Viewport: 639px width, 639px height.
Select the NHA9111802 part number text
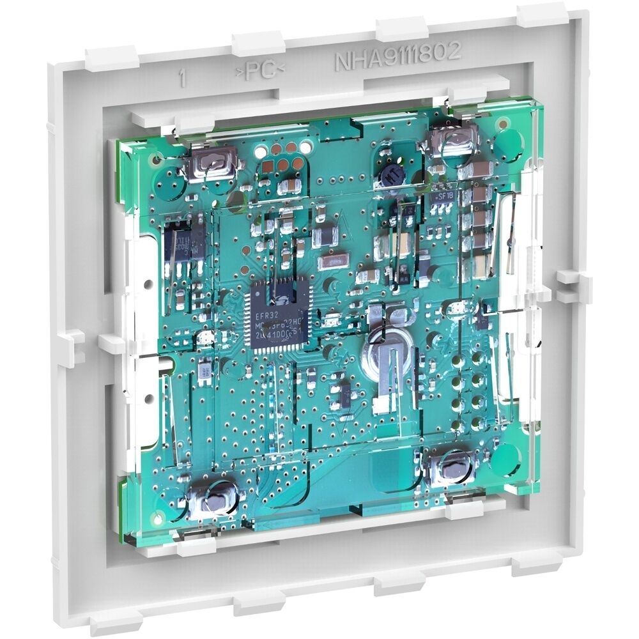click(397, 54)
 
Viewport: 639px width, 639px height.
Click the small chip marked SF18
click(444, 198)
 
